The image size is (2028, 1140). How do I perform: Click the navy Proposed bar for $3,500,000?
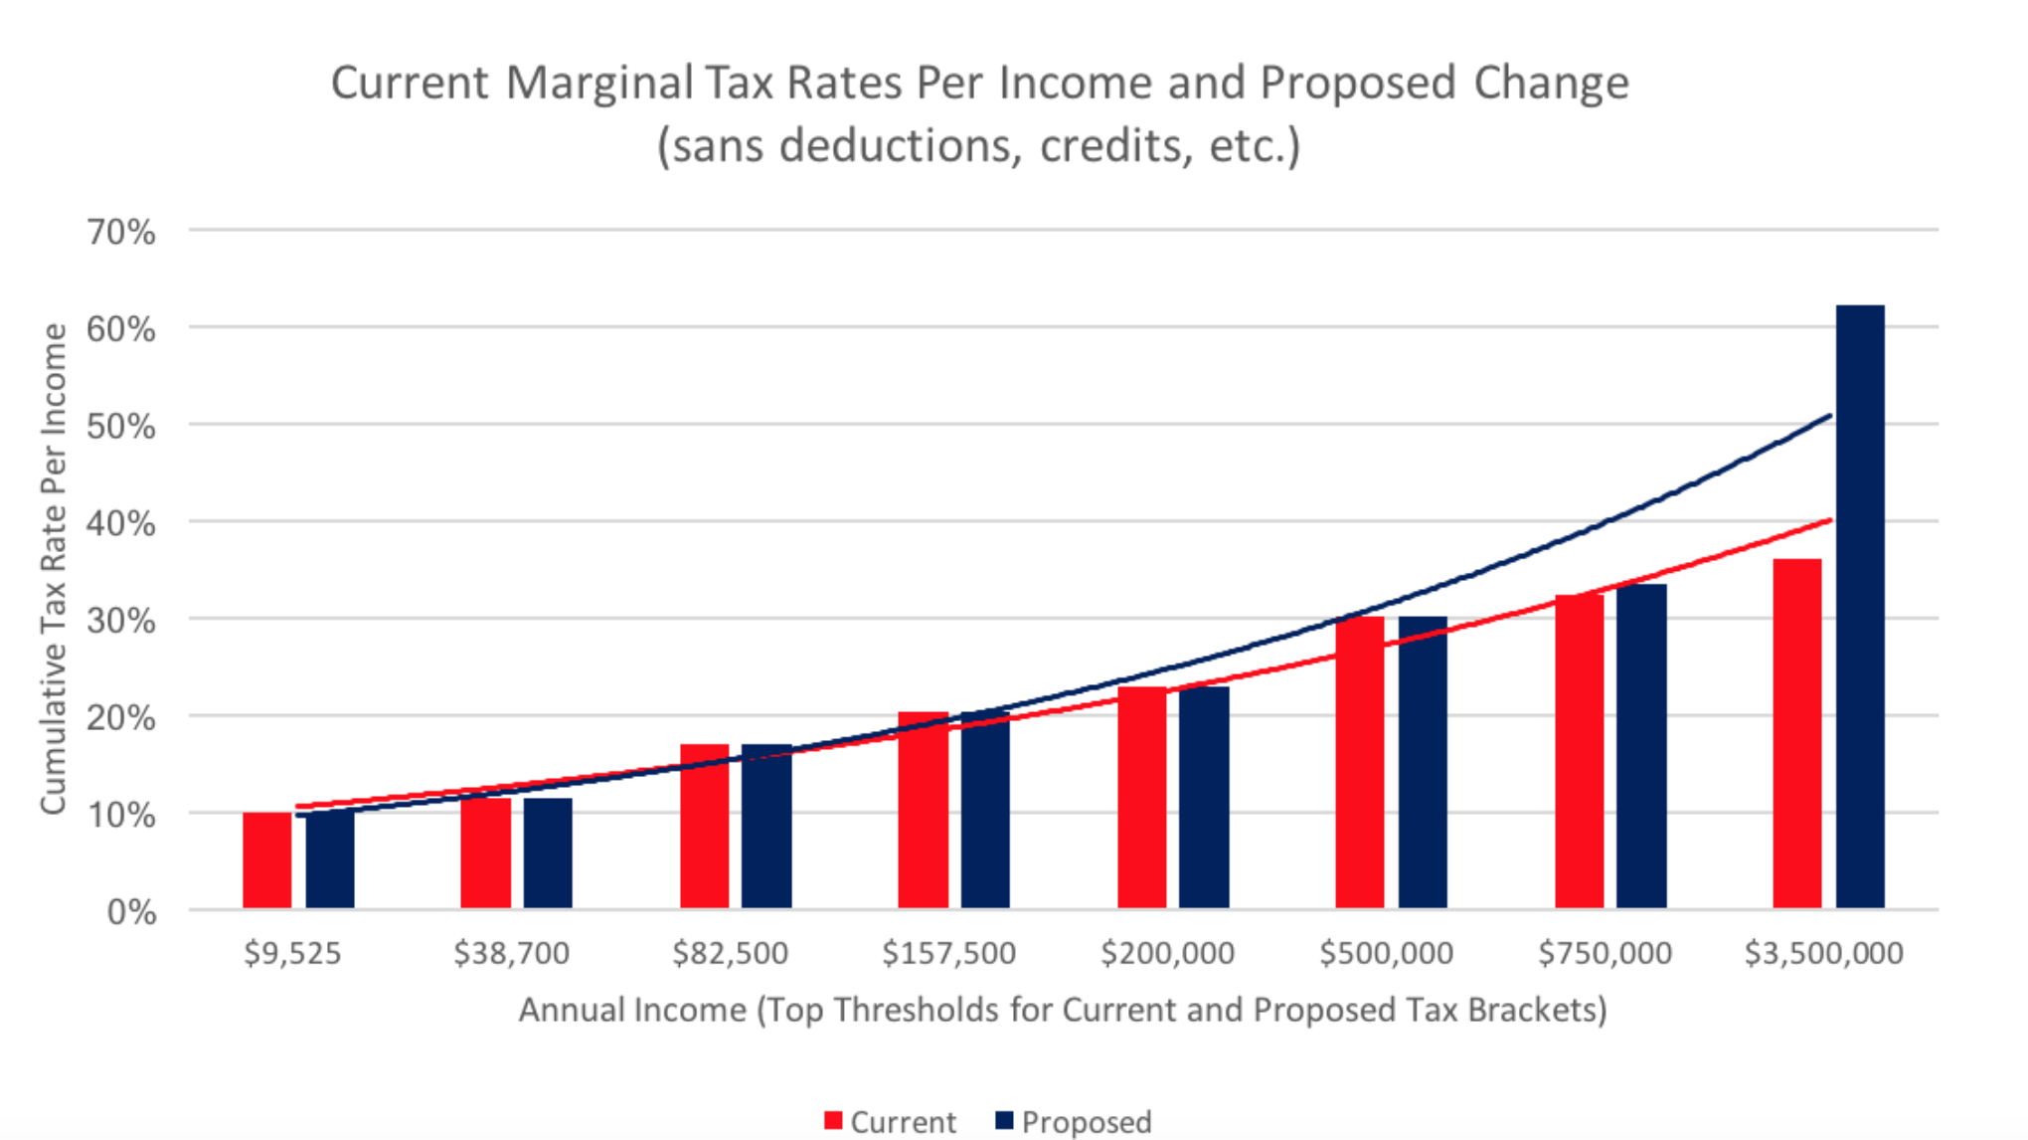click(1860, 607)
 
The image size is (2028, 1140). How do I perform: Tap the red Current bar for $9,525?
click(267, 860)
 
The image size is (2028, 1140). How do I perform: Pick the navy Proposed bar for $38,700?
click(548, 854)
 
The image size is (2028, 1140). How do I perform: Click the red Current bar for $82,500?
click(705, 827)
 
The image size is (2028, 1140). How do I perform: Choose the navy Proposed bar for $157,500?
click(985, 811)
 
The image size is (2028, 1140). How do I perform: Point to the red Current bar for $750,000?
click(1580, 752)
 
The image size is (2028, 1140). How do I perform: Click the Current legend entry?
click(891, 1122)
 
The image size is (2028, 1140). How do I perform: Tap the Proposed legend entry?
click(1074, 1122)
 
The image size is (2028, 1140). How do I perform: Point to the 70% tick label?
click(121, 233)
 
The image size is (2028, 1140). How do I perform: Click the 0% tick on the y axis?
click(131, 912)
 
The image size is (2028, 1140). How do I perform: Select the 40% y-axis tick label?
click(121, 524)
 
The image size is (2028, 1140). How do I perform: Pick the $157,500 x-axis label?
click(949, 953)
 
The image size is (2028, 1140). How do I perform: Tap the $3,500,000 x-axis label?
click(1824, 953)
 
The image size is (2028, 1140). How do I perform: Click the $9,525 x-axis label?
click(293, 953)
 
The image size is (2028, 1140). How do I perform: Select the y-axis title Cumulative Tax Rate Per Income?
click(54, 569)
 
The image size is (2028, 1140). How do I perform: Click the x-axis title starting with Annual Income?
click(1063, 1010)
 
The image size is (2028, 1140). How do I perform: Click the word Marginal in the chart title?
click(599, 83)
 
